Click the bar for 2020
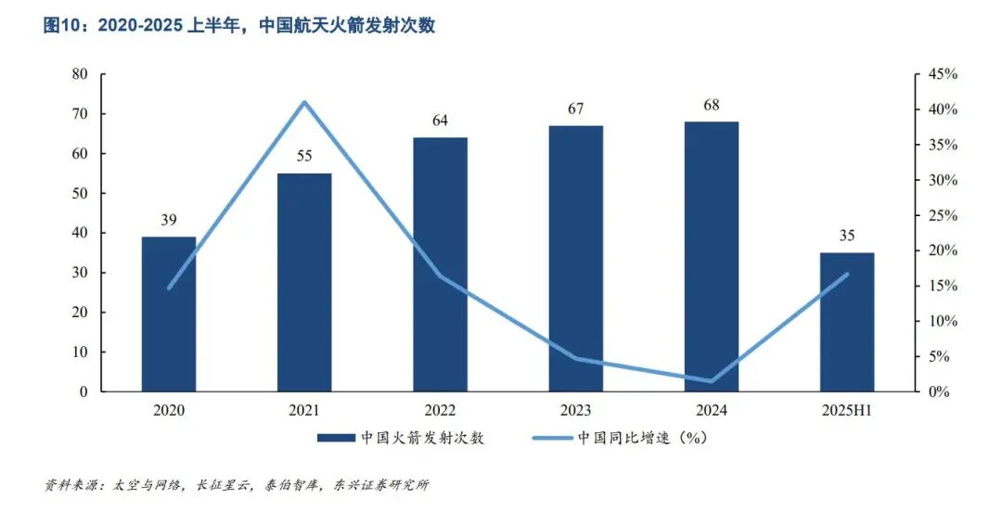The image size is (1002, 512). pyautogui.click(x=169, y=314)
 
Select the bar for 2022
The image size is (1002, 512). pyautogui.click(x=440, y=264)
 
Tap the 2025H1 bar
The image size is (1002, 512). pyautogui.click(x=847, y=322)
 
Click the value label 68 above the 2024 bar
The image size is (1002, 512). pyautogui.click(x=712, y=105)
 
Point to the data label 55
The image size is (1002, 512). pyautogui.click(x=304, y=156)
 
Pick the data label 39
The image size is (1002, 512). pyautogui.click(x=169, y=219)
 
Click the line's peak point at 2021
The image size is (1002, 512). pyautogui.click(x=304, y=102)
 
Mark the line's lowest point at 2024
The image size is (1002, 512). pyautogui.click(x=712, y=380)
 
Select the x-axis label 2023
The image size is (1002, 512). pyautogui.click(x=575, y=410)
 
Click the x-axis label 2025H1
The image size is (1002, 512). pyautogui.click(x=847, y=410)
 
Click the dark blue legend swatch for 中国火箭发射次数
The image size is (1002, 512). pyautogui.click(x=333, y=438)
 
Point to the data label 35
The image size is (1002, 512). pyautogui.click(x=847, y=235)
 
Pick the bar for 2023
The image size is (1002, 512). pyautogui.click(x=575, y=258)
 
